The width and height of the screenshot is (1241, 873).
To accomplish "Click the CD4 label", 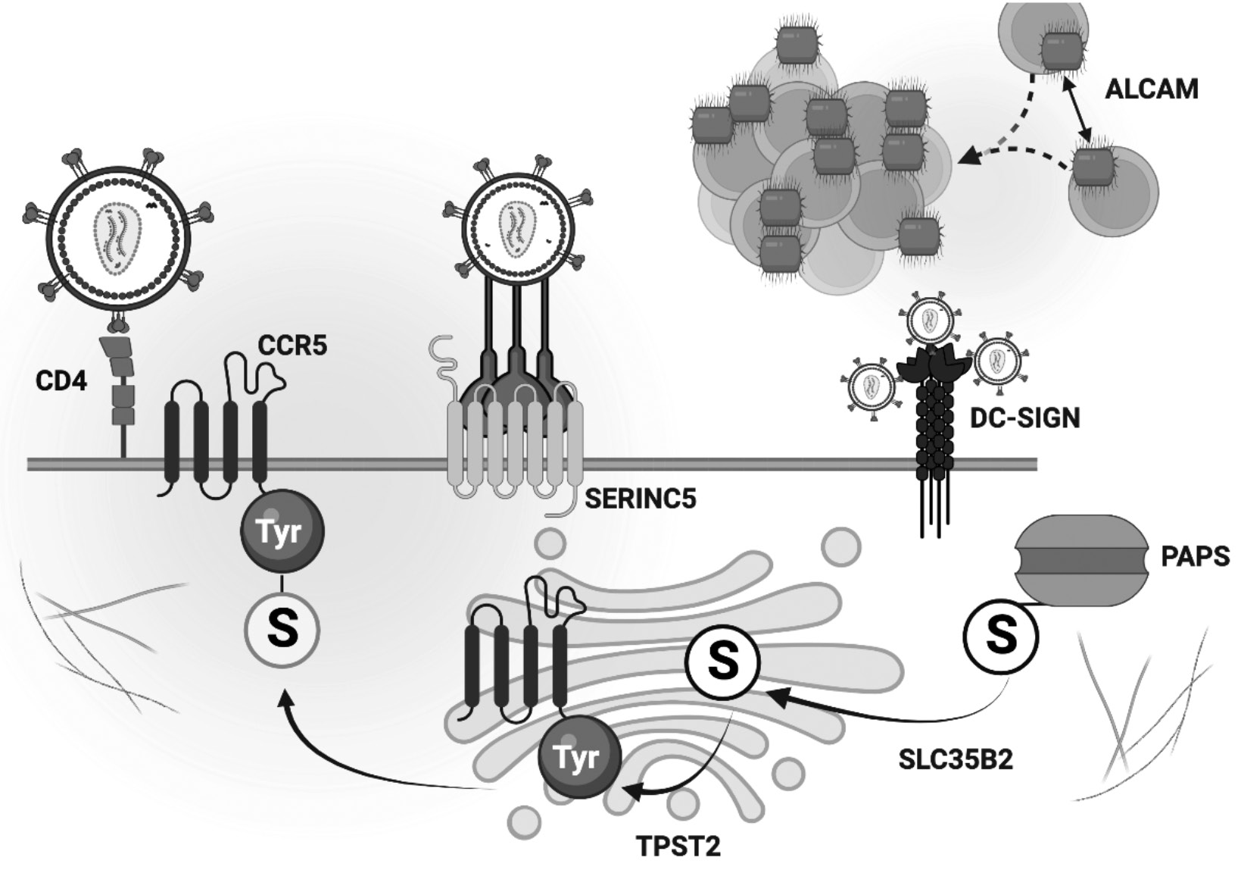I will coord(61,380).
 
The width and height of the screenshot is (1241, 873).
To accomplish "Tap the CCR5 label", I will coord(292,346).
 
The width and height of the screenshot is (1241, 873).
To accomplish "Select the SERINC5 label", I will coord(640,499).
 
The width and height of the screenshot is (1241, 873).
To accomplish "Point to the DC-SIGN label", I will coord(1025,417).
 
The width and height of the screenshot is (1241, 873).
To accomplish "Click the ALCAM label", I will coord(1152,89).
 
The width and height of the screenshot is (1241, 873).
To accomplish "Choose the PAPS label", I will coord(1195,557).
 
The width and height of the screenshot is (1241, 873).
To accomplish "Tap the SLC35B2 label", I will coord(956,759).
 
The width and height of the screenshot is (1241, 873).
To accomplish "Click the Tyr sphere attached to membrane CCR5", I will coord(282,531).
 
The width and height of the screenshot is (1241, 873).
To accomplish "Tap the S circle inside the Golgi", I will coord(723,661).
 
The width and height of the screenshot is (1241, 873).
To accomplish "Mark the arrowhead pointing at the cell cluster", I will coord(969,158).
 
